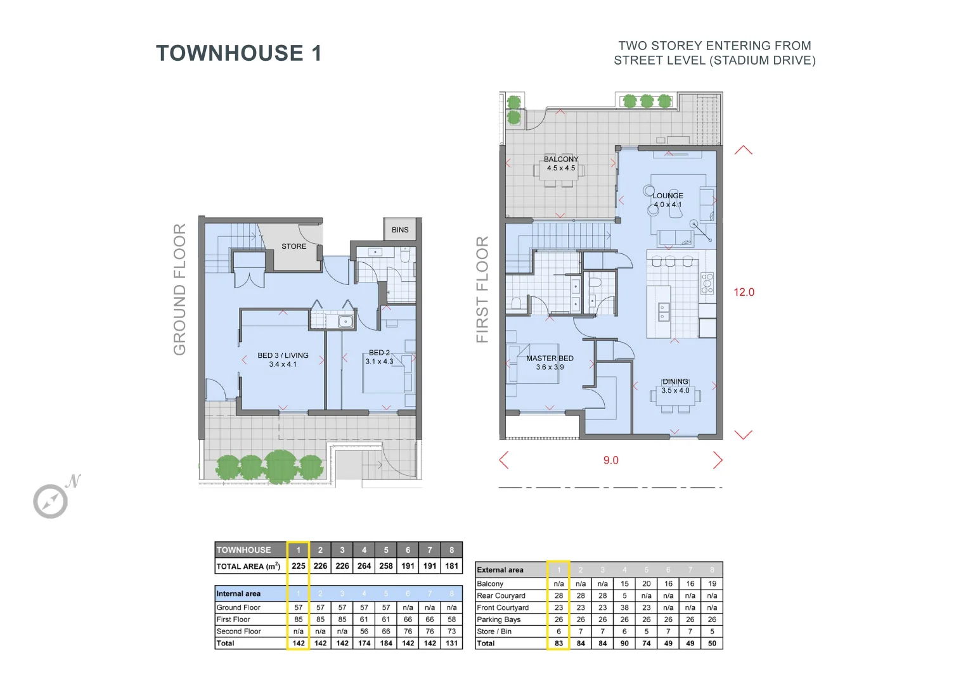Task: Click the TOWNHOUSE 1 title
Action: pyautogui.click(x=238, y=53)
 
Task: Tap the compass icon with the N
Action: pyautogui.click(x=51, y=500)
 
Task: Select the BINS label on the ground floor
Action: pyautogui.click(x=400, y=230)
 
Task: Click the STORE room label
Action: pyautogui.click(x=294, y=246)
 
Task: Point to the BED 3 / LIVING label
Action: pyautogui.click(x=283, y=356)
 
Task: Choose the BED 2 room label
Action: pyautogui.click(x=379, y=353)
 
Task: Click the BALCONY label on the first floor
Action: pyautogui.click(x=561, y=160)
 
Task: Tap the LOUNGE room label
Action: pyautogui.click(x=668, y=196)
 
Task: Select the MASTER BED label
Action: pyautogui.click(x=550, y=358)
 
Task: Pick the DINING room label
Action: pyautogui.click(x=675, y=382)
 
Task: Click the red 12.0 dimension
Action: pyautogui.click(x=744, y=292)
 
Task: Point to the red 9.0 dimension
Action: pyautogui.click(x=610, y=460)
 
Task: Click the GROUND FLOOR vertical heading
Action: pyautogui.click(x=180, y=289)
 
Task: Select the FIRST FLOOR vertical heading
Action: pyautogui.click(x=482, y=289)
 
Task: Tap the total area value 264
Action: pyautogui.click(x=364, y=566)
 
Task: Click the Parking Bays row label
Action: pyautogui.click(x=498, y=619)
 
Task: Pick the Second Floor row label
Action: pyautogui.click(x=238, y=631)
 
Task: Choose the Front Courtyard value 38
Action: pyautogui.click(x=624, y=607)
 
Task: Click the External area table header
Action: pyautogui.click(x=500, y=570)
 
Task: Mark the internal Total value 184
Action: pyautogui.click(x=386, y=643)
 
